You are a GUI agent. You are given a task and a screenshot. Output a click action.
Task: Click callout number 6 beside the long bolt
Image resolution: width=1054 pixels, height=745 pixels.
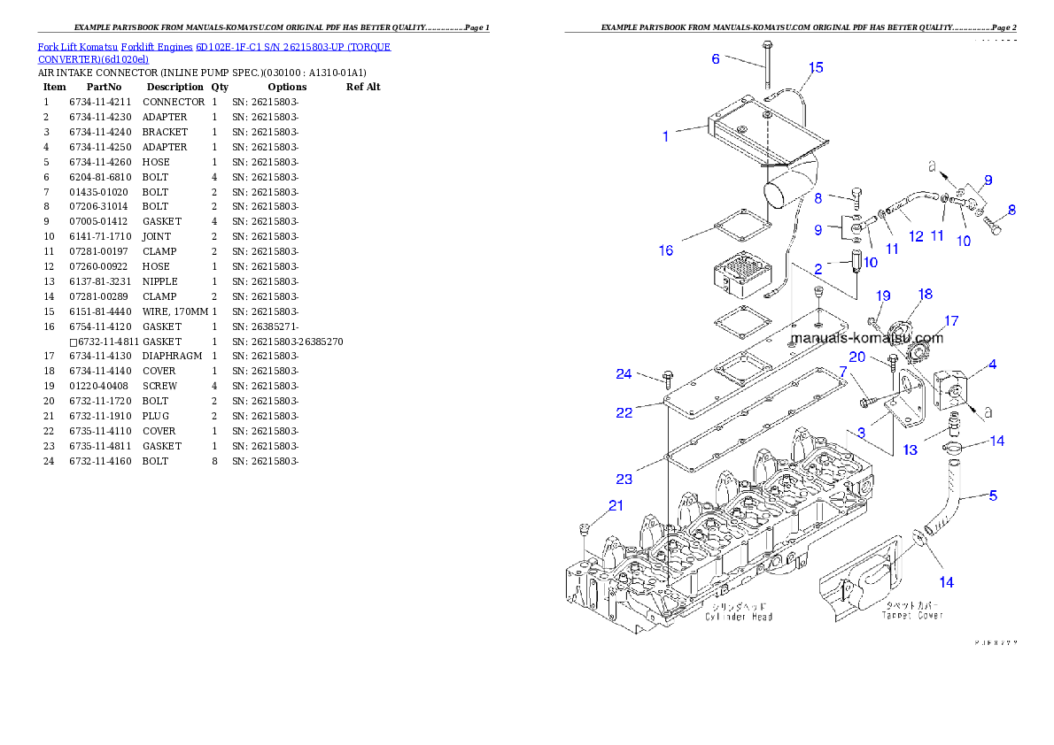[716, 59]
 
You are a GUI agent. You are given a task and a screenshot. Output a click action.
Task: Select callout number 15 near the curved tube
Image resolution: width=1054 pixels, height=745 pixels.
[816, 67]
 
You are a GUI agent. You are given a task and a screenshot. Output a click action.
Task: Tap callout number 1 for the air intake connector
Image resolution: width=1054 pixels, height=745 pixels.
[665, 136]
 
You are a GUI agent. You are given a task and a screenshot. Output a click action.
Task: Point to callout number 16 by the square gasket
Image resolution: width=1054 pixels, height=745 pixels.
[665, 250]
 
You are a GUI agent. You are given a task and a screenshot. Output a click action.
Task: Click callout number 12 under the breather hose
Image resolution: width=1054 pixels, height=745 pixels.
[916, 236]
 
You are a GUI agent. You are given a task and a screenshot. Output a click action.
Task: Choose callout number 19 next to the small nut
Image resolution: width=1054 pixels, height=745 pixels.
[883, 296]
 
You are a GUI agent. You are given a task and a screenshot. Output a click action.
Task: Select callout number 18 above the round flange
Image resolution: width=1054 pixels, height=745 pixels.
[925, 294]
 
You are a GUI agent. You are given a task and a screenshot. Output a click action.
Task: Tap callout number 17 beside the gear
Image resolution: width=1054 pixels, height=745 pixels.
[951, 320]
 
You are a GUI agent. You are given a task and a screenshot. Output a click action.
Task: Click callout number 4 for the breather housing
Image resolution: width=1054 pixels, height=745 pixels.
[993, 364]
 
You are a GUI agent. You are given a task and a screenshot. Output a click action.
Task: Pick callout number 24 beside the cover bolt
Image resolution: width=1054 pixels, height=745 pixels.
[624, 374]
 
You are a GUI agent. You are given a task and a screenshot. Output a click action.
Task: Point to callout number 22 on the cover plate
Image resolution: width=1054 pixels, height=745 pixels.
[624, 412]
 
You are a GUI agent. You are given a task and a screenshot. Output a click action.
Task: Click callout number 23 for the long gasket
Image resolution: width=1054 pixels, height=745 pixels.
[624, 480]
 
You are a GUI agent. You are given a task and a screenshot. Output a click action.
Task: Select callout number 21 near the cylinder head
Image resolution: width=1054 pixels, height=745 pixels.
[616, 506]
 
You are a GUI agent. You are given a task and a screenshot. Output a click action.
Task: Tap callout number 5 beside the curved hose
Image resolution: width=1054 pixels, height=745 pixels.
[993, 495]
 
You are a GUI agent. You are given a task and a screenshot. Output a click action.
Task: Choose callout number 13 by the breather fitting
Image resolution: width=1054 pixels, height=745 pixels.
[910, 449]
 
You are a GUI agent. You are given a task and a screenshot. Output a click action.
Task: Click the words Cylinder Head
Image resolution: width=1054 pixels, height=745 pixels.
[738, 617]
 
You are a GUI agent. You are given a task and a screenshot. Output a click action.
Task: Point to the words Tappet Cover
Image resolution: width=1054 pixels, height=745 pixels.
[913, 615]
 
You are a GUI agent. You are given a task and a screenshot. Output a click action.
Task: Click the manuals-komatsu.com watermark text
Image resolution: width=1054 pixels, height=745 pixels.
[866, 338]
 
